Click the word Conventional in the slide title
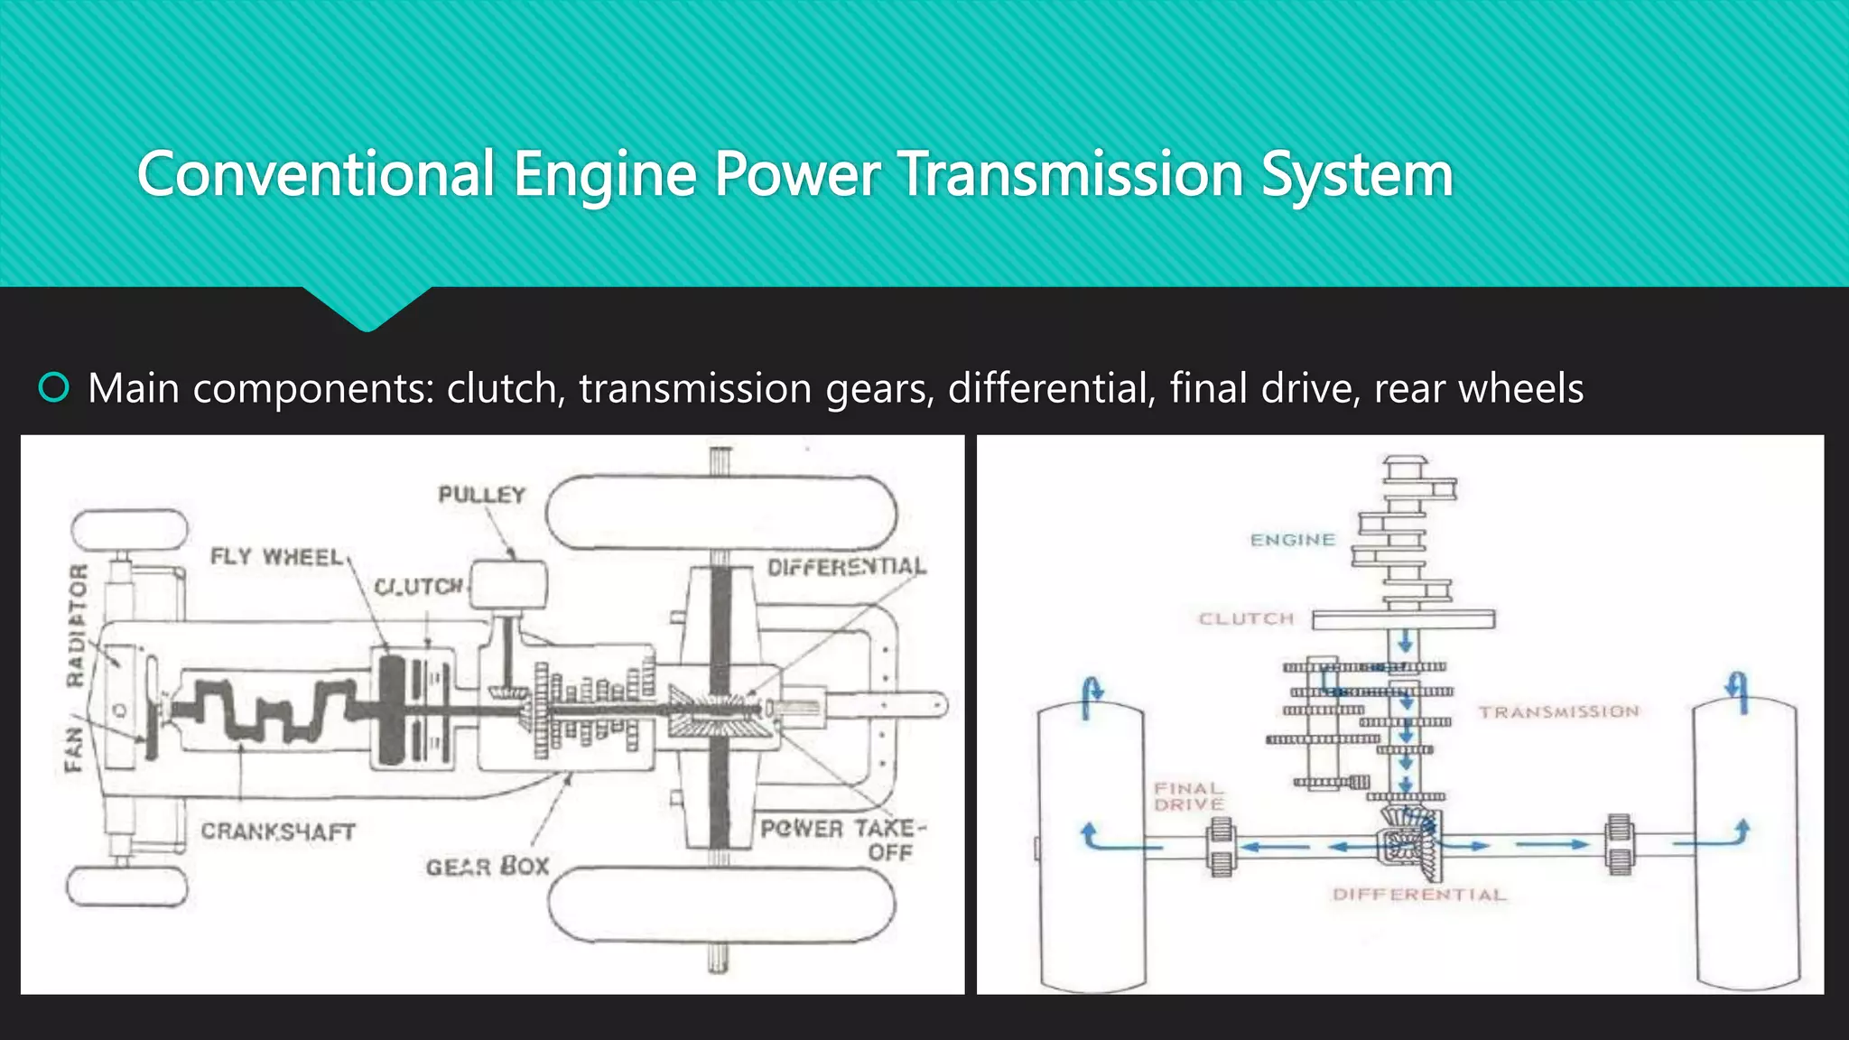point(316,174)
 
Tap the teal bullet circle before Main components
point(54,388)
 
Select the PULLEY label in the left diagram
point(481,495)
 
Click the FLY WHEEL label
point(276,556)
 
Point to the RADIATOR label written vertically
point(78,625)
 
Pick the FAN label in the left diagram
point(74,749)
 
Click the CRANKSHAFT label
point(278,831)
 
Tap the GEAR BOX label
point(488,867)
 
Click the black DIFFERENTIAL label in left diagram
point(846,567)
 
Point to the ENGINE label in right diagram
point(1292,540)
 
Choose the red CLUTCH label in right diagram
point(1246,619)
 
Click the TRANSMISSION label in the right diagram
point(1558,712)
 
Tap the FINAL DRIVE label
point(1188,796)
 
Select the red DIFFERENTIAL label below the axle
point(1419,895)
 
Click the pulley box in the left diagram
point(509,586)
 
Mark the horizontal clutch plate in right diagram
point(1403,619)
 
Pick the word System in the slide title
point(1357,174)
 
